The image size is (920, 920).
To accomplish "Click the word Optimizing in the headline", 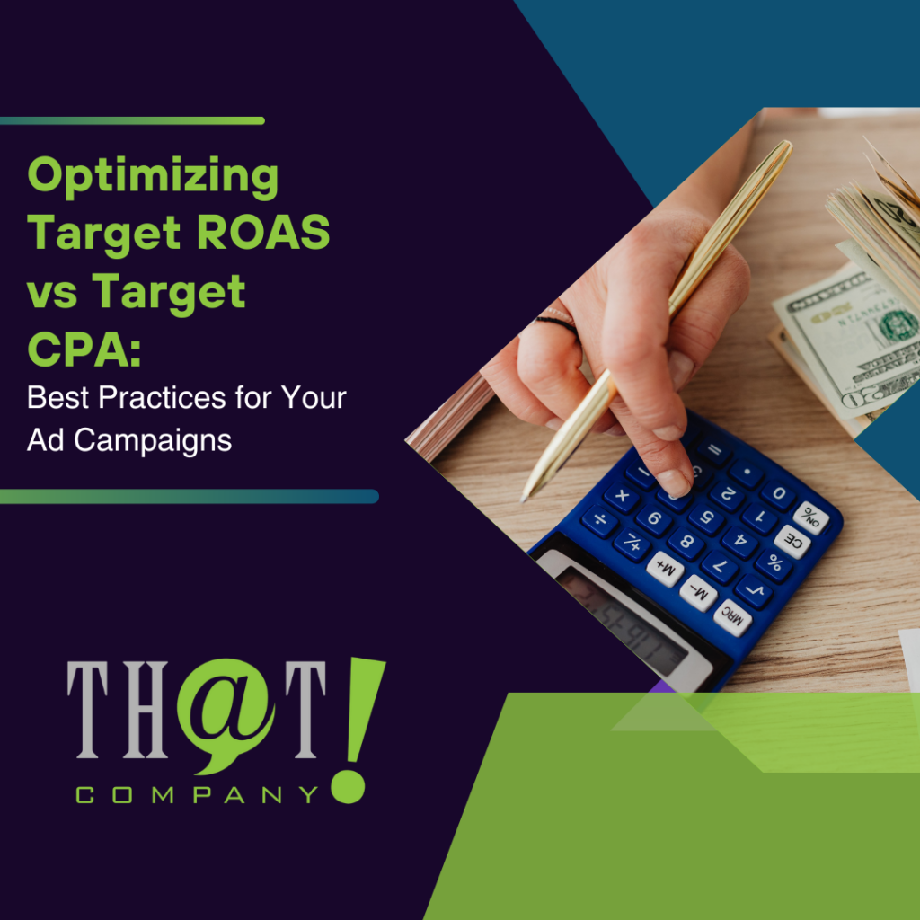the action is click(153, 177).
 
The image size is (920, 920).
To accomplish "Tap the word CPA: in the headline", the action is click(84, 349).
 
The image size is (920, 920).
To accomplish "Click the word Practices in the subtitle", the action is click(162, 398).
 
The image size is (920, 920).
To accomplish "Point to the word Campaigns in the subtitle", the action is click(153, 441).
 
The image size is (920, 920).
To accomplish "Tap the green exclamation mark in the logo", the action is click(356, 730).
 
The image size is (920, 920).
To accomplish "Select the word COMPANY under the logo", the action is click(197, 795).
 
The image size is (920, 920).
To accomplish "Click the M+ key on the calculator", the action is click(665, 568).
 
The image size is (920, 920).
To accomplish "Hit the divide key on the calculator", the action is click(599, 521).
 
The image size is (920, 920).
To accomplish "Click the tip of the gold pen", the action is click(522, 500).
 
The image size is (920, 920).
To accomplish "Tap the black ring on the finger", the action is click(558, 324).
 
